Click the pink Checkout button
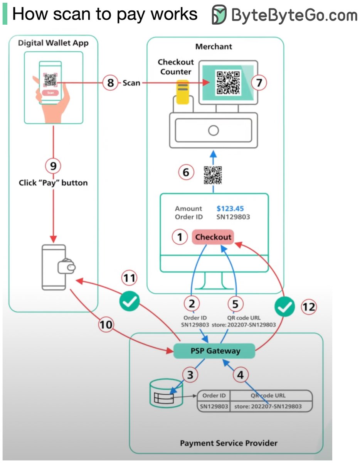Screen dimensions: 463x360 (213, 237)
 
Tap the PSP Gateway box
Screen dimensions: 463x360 (215, 351)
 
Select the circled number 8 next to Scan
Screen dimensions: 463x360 (111, 83)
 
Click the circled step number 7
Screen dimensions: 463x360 (259, 82)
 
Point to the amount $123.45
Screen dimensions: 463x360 (230, 209)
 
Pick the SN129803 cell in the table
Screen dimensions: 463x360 (214, 406)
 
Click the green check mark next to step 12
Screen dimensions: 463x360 (284, 307)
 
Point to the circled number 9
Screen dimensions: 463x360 (53, 166)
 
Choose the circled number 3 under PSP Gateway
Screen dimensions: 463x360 (190, 374)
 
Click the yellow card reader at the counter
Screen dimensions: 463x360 (182, 91)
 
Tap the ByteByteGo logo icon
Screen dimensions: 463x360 (219, 15)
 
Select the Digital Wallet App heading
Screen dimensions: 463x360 (53, 43)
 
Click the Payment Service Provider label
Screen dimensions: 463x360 (229, 443)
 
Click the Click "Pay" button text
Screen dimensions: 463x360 (53, 182)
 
